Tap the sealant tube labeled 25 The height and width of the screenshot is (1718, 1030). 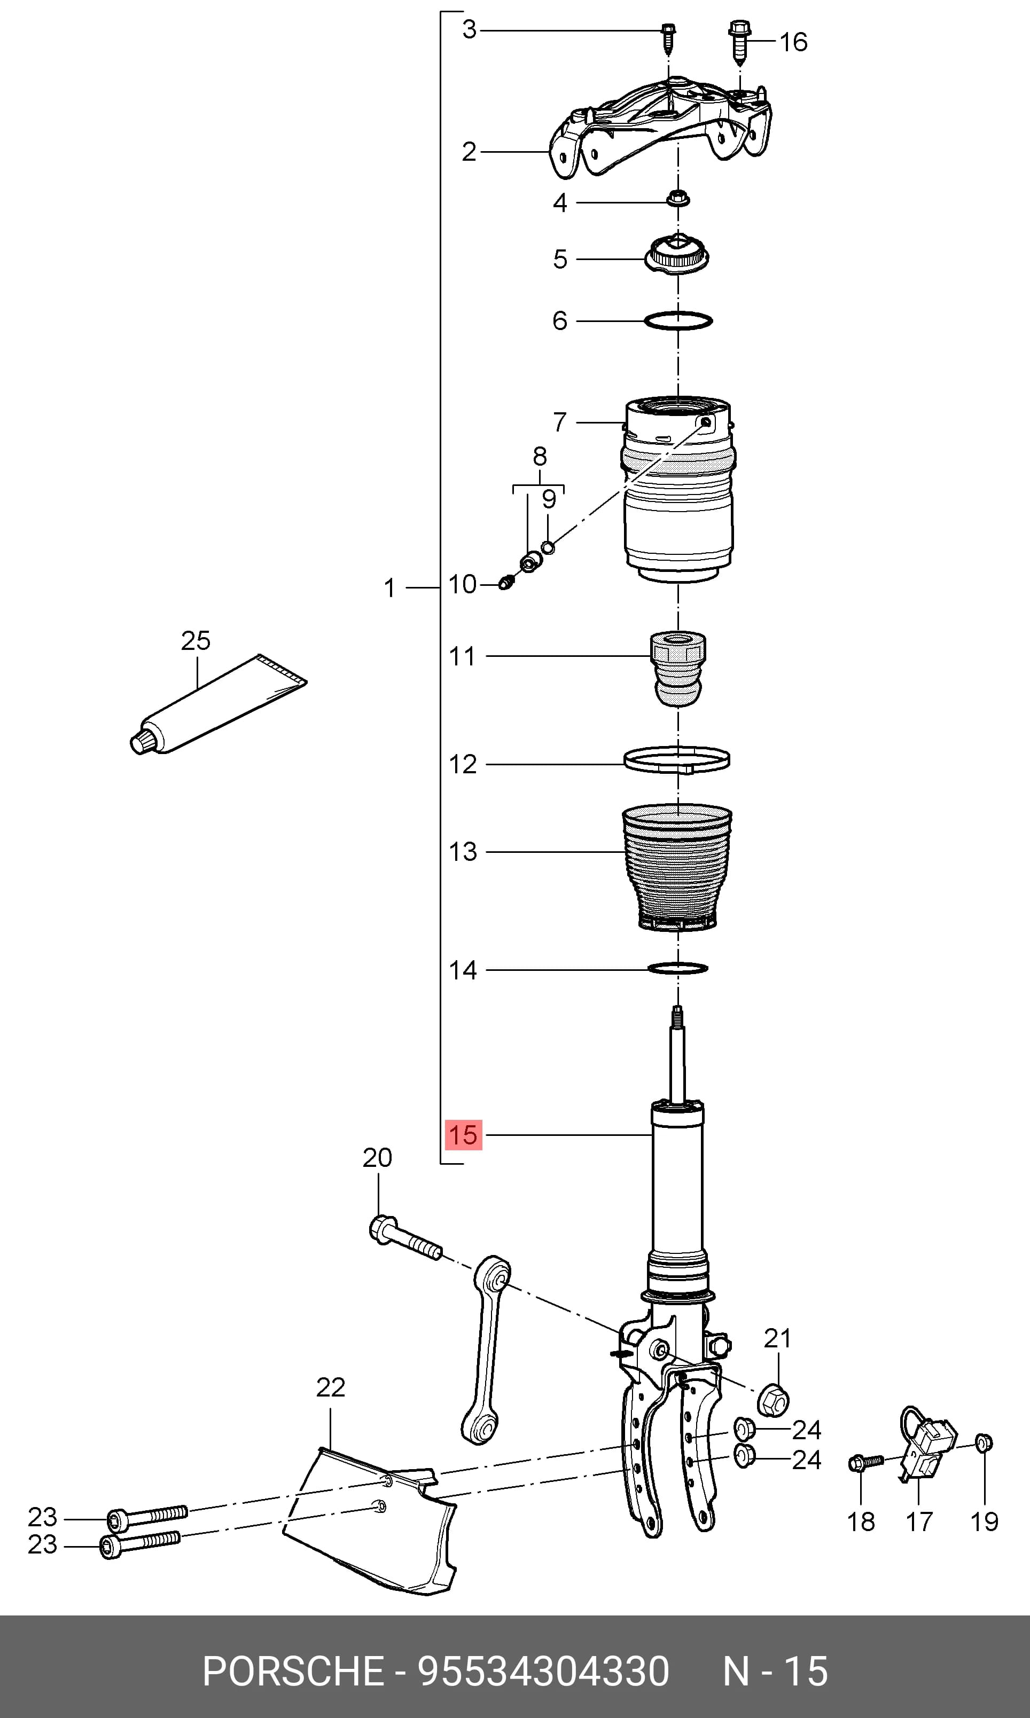[x=218, y=705]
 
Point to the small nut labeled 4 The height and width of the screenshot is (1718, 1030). [x=677, y=199]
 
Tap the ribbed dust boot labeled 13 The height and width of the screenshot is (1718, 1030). [x=677, y=867]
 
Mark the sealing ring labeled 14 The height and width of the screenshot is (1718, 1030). [x=677, y=967]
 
